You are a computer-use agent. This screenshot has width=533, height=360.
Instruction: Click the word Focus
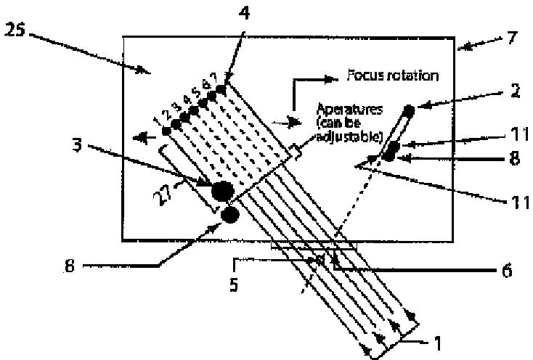click(x=362, y=75)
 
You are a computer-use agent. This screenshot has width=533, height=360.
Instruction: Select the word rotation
click(x=415, y=75)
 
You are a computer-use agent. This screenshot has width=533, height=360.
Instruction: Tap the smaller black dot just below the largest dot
click(x=231, y=214)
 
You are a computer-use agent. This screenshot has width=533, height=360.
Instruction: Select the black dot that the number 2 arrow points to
click(x=409, y=110)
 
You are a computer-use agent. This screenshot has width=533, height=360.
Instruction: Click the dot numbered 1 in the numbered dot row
click(x=167, y=131)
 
